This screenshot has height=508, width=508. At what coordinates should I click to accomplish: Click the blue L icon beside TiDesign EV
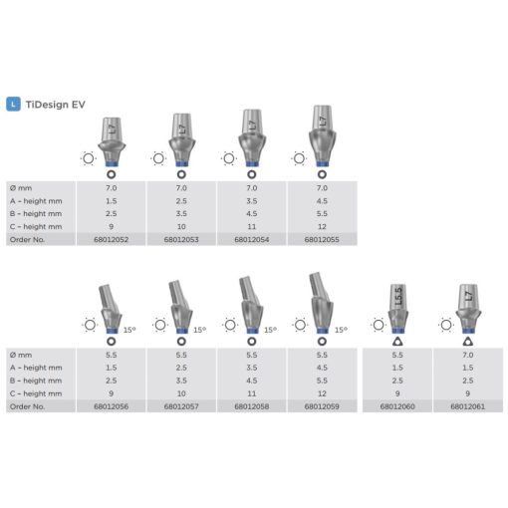click(x=13, y=105)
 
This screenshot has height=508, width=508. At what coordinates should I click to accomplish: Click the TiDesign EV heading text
click(x=56, y=105)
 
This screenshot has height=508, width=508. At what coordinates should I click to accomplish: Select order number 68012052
click(x=111, y=239)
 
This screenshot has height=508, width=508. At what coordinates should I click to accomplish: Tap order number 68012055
click(x=322, y=239)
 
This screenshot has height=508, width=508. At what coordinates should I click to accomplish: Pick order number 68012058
click(x=252, y=406)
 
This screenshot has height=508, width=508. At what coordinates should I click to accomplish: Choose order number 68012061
click(x=468, y=406)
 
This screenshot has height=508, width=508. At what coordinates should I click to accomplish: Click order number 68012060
click(x=397, y=406)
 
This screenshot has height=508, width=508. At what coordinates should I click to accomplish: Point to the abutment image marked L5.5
click(x=398, y=309)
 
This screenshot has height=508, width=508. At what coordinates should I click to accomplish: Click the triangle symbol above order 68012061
click(x=468, y=341)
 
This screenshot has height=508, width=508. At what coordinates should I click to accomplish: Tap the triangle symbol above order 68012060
click(x=397, y=341)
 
